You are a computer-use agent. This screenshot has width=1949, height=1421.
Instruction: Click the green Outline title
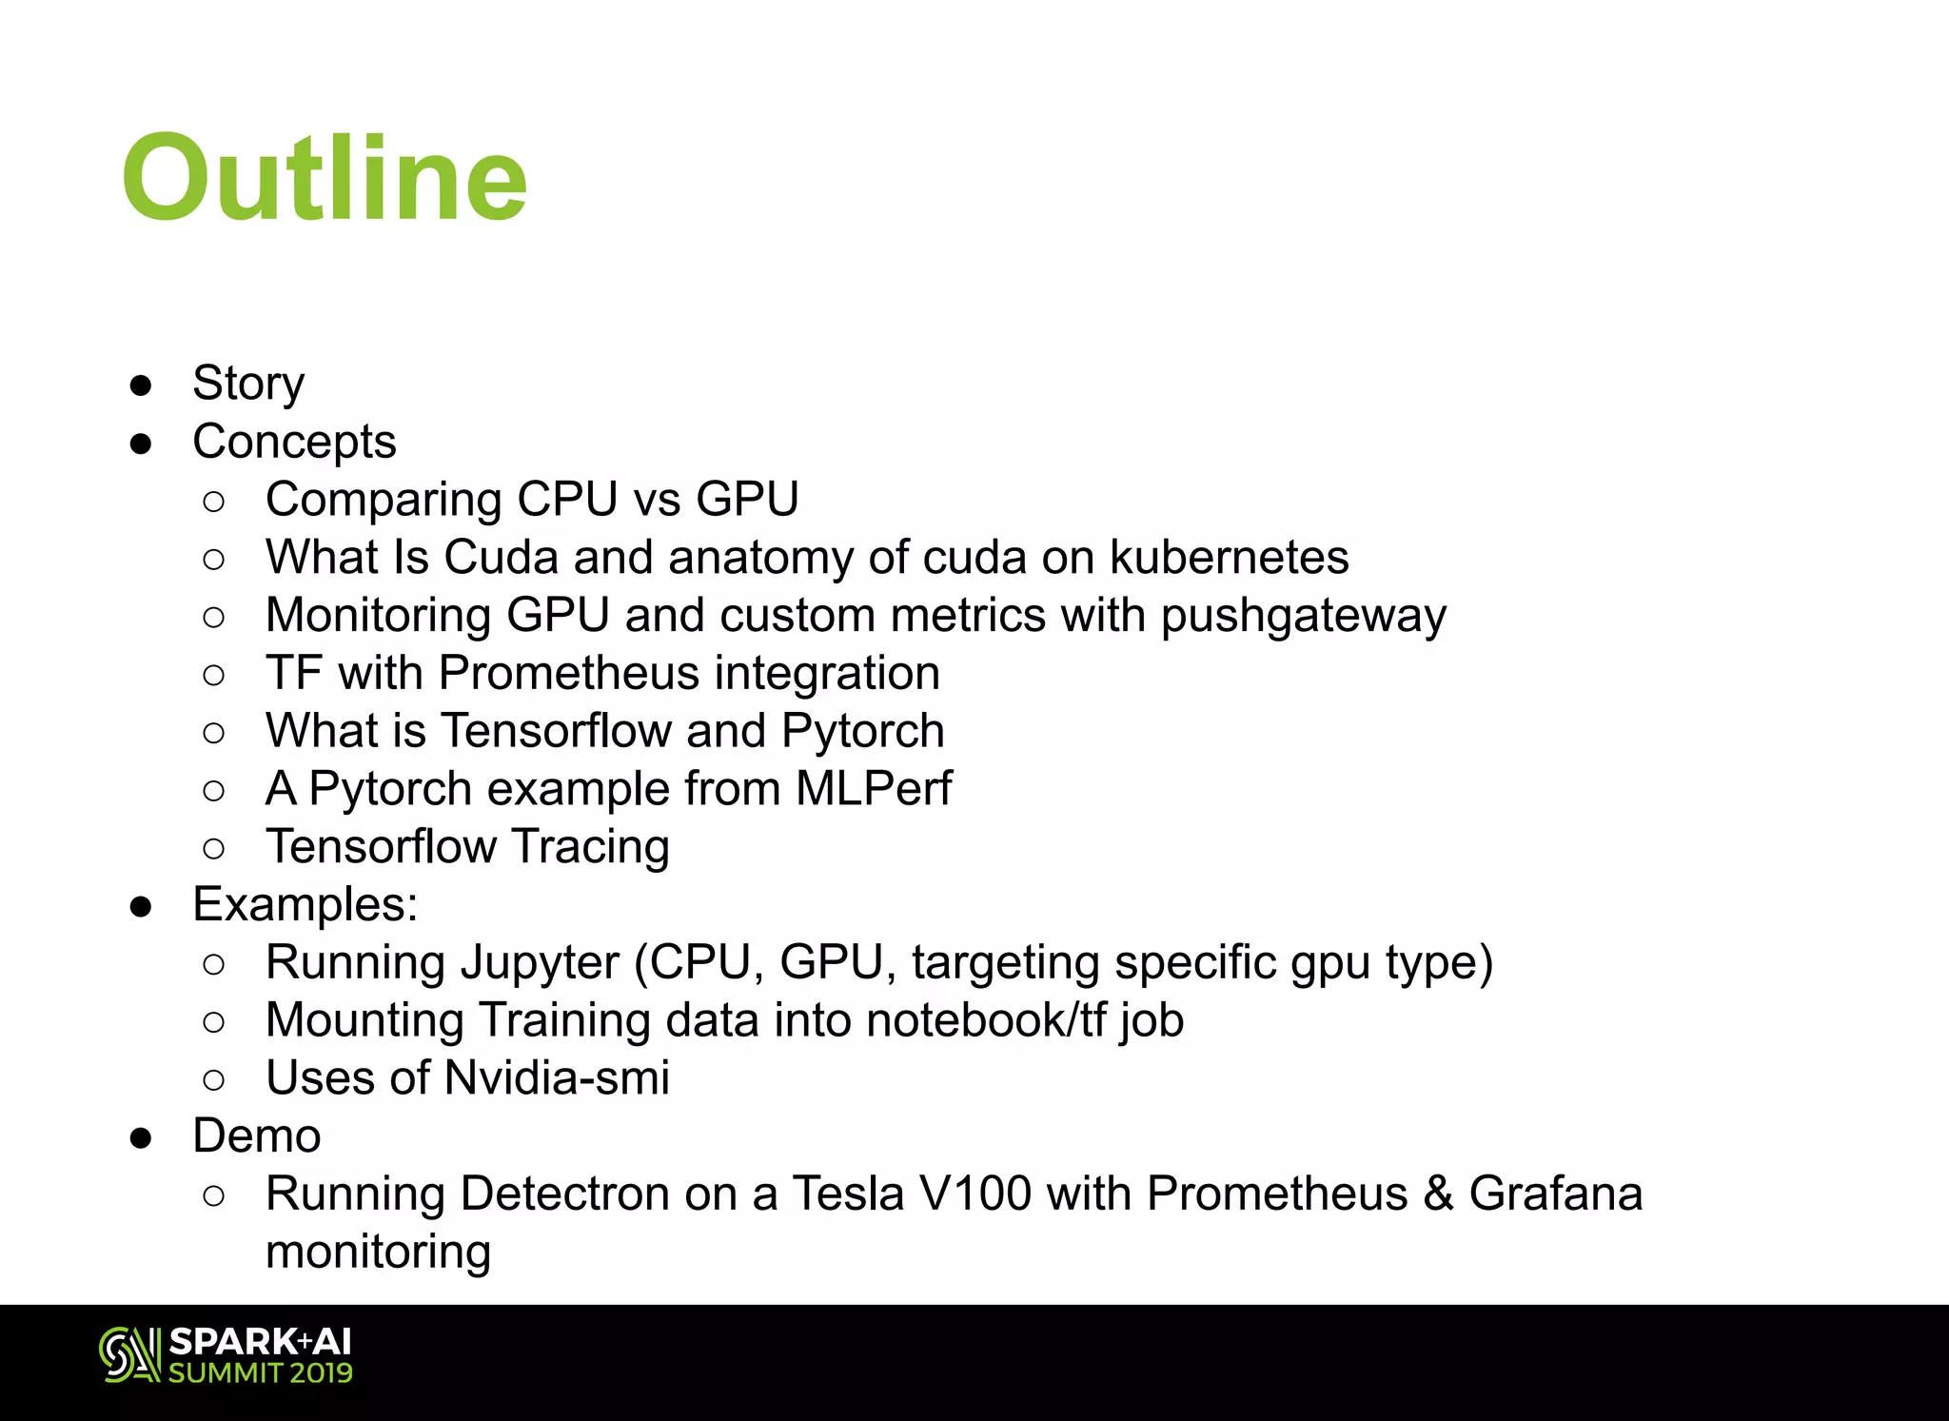325,178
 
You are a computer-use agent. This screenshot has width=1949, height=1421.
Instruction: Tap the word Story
248,384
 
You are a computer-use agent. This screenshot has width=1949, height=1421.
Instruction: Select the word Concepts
294,442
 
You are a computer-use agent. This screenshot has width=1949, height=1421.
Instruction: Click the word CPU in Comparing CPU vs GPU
567,500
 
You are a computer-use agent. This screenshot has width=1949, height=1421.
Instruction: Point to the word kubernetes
1229,558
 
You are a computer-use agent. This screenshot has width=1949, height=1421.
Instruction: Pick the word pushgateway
1303,616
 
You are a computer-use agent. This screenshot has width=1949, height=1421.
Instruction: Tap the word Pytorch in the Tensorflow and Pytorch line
862,732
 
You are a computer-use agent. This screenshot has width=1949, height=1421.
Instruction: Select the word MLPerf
873,789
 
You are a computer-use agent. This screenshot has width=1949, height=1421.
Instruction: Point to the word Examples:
305,905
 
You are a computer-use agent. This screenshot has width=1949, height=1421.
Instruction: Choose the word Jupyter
538,963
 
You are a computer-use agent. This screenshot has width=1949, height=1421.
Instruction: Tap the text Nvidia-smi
557,1078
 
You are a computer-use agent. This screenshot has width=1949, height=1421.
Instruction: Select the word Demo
257,1136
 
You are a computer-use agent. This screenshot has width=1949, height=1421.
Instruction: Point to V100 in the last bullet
975,1194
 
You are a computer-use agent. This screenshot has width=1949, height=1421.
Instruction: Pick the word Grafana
1555,1194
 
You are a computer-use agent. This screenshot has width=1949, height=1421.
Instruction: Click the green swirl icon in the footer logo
129,1354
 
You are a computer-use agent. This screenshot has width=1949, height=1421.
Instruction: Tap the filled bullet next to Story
142,385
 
